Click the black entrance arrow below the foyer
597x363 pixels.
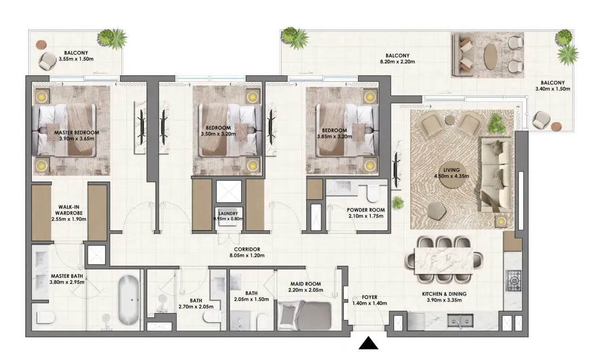tap(369, 343)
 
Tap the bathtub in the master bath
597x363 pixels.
tap(128, 300)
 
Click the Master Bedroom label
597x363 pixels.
tap(76, 133)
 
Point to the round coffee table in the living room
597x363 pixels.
tap(451, 176)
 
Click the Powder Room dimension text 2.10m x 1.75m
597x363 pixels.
tap(365, 216)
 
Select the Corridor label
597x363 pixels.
tap(247, 249)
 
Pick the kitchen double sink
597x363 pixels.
tap(460, 321)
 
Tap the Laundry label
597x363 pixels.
tap(228, 214)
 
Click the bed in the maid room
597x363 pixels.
tap(304, 315)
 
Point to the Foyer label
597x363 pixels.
tap(370, 297)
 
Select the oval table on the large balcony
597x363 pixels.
tap(490, 55)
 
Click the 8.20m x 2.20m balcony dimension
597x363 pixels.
tap(397, 62)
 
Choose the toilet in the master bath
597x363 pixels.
tap(46, 317)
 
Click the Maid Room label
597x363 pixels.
tap(306, 284)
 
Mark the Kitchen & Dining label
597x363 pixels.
tap(444, 294)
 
